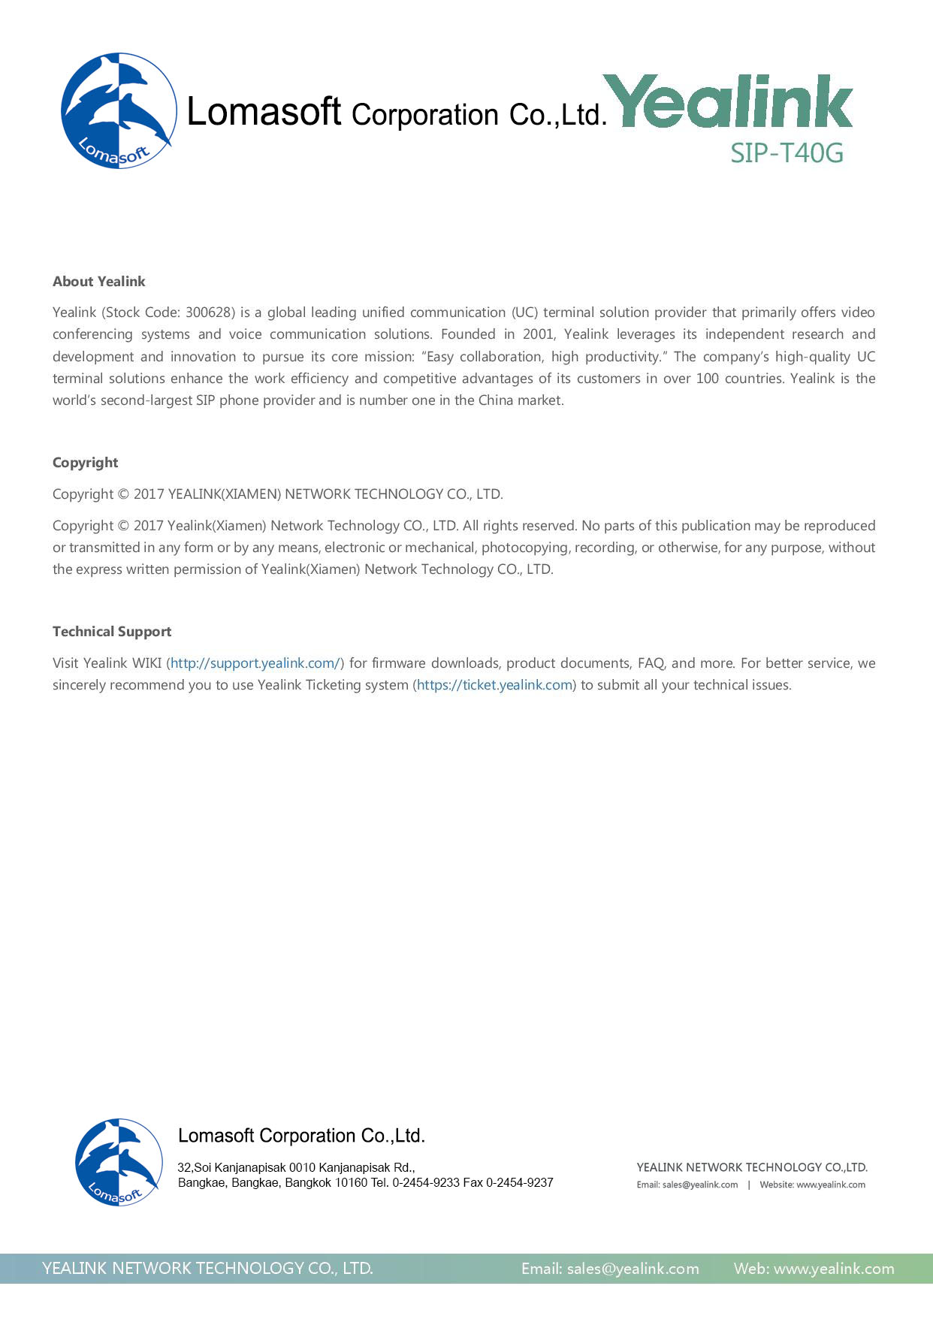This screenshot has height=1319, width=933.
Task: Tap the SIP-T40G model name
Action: [787, 153]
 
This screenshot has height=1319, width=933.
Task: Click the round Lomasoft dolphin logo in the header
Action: [118, 110]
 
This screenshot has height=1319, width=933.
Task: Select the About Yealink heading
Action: [98, 282]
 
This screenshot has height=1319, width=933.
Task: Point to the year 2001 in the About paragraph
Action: [538, 334]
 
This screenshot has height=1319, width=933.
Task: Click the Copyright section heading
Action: [85, 463]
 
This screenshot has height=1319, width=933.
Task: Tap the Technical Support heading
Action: [112, 632]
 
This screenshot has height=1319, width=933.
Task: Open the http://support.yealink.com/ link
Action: [255, 663]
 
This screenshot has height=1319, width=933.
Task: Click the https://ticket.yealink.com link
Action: [495, 685]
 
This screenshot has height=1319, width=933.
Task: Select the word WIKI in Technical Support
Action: [146, 663]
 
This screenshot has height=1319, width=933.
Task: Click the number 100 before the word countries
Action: [707, 379]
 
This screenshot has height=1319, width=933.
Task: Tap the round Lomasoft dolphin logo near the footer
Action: [118, 1162]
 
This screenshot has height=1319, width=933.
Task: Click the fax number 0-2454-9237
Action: [519, 1182]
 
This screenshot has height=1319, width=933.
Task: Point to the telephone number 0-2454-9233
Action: [425, 1182]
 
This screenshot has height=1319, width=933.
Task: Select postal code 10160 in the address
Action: [351, 1182]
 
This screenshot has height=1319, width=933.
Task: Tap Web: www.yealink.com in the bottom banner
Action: [814, 1269]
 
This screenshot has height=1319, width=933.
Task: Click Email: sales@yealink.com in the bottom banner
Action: [610, 1269]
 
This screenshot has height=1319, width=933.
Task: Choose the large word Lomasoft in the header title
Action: [264, 112]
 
